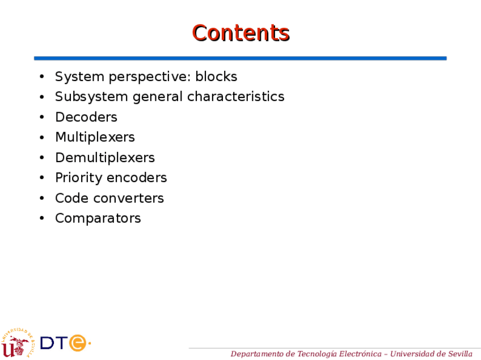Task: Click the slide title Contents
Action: click(241, 33)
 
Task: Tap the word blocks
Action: click(216, 77)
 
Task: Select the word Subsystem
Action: click(91, 96)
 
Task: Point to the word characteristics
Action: click(236, 96)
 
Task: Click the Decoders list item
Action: click(86, 117)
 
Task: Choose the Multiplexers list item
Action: click(95, 137)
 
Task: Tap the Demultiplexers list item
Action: click(105, 158)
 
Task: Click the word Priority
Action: click(79, 178)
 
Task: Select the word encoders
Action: click(137, 178)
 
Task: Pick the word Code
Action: click(72, 198)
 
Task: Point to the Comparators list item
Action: click(98, 219)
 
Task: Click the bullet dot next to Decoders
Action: click(42, 117)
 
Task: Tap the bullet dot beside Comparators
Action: click(42, 218)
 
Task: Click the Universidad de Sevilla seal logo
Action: click(18, 343)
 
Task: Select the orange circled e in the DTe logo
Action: click(78, 343)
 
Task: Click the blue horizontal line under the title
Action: click(240, 58)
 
